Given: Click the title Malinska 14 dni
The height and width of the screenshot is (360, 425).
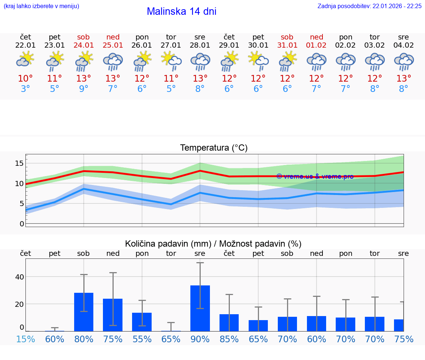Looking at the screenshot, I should pos(182,11).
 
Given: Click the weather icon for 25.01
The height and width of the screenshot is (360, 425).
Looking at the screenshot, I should pos(113,61).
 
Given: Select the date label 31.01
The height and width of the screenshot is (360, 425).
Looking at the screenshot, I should pos(287,45).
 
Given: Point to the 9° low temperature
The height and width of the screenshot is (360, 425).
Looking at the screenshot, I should pos(84,89).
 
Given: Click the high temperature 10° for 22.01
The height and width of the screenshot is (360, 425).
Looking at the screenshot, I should pos(25,79).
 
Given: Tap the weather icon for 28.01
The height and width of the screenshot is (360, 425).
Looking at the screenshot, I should pos(200,61).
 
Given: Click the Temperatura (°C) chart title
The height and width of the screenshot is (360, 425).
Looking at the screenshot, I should pos(214,148).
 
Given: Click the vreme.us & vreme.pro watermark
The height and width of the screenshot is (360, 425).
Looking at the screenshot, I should pos(315,176).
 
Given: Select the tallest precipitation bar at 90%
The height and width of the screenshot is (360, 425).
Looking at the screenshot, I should pos(200,308).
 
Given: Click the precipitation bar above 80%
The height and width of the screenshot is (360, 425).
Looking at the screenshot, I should pos(84,312).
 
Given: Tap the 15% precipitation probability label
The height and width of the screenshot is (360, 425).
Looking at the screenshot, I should pos(25,339).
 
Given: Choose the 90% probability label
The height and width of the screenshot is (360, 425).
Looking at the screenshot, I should pos(200,339).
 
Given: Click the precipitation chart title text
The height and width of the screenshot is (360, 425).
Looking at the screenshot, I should pos(213,244).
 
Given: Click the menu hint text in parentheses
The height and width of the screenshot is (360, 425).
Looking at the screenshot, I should pos(41,6).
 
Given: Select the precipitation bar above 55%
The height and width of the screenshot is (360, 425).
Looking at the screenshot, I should pos(142,322).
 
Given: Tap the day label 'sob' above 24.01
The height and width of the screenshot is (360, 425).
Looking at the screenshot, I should pos(84,37).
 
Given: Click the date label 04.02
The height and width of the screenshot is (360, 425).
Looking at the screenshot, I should pos(404,45).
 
